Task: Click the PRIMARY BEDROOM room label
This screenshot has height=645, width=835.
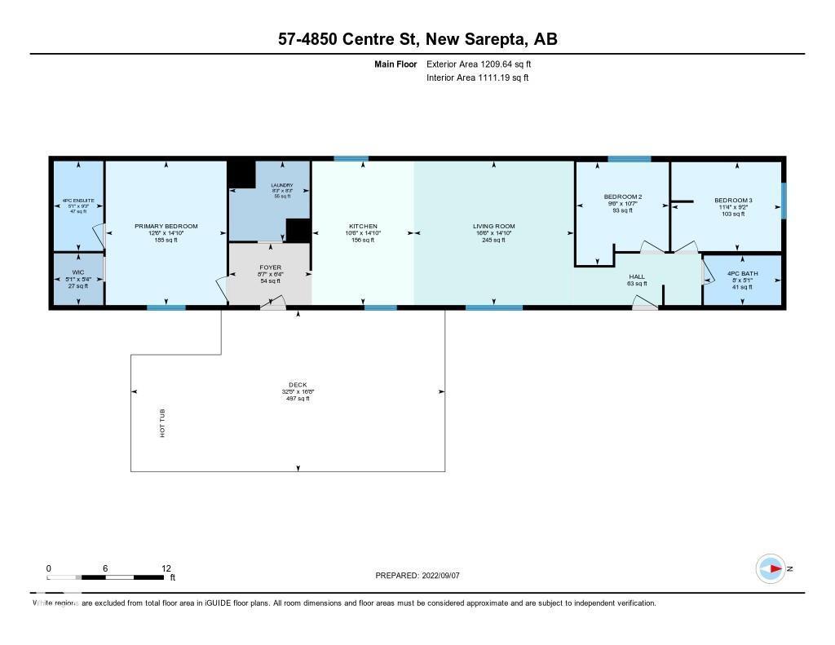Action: click(x=166, y=226)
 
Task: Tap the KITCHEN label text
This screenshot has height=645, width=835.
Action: click(x=363, y=226)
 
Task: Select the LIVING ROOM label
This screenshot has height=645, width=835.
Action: click(x=494, y=226)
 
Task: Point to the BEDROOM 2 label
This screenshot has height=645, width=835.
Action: click(x=623, y=197)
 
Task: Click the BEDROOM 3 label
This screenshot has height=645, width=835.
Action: click(x=733, y=200)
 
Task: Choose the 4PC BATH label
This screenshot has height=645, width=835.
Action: click(x=743, y=273)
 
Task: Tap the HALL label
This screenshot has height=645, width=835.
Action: click(x=637, y=276)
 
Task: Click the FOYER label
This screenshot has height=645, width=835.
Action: click(x=270, y=267)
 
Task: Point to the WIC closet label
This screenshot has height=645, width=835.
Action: click(x=78, y=272)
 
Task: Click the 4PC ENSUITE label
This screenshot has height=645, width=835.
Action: click(x=78, y=201)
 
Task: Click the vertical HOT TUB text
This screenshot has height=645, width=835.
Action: click(x=162, y=424)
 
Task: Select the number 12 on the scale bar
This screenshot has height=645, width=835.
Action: click(x=166, y=568)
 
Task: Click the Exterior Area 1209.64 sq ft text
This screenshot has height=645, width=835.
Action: click(x=480, y=64)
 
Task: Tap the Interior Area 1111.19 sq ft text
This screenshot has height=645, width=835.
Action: click(x=477, y=77)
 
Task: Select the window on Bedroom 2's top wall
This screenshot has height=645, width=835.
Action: click(x=629, y=158)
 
